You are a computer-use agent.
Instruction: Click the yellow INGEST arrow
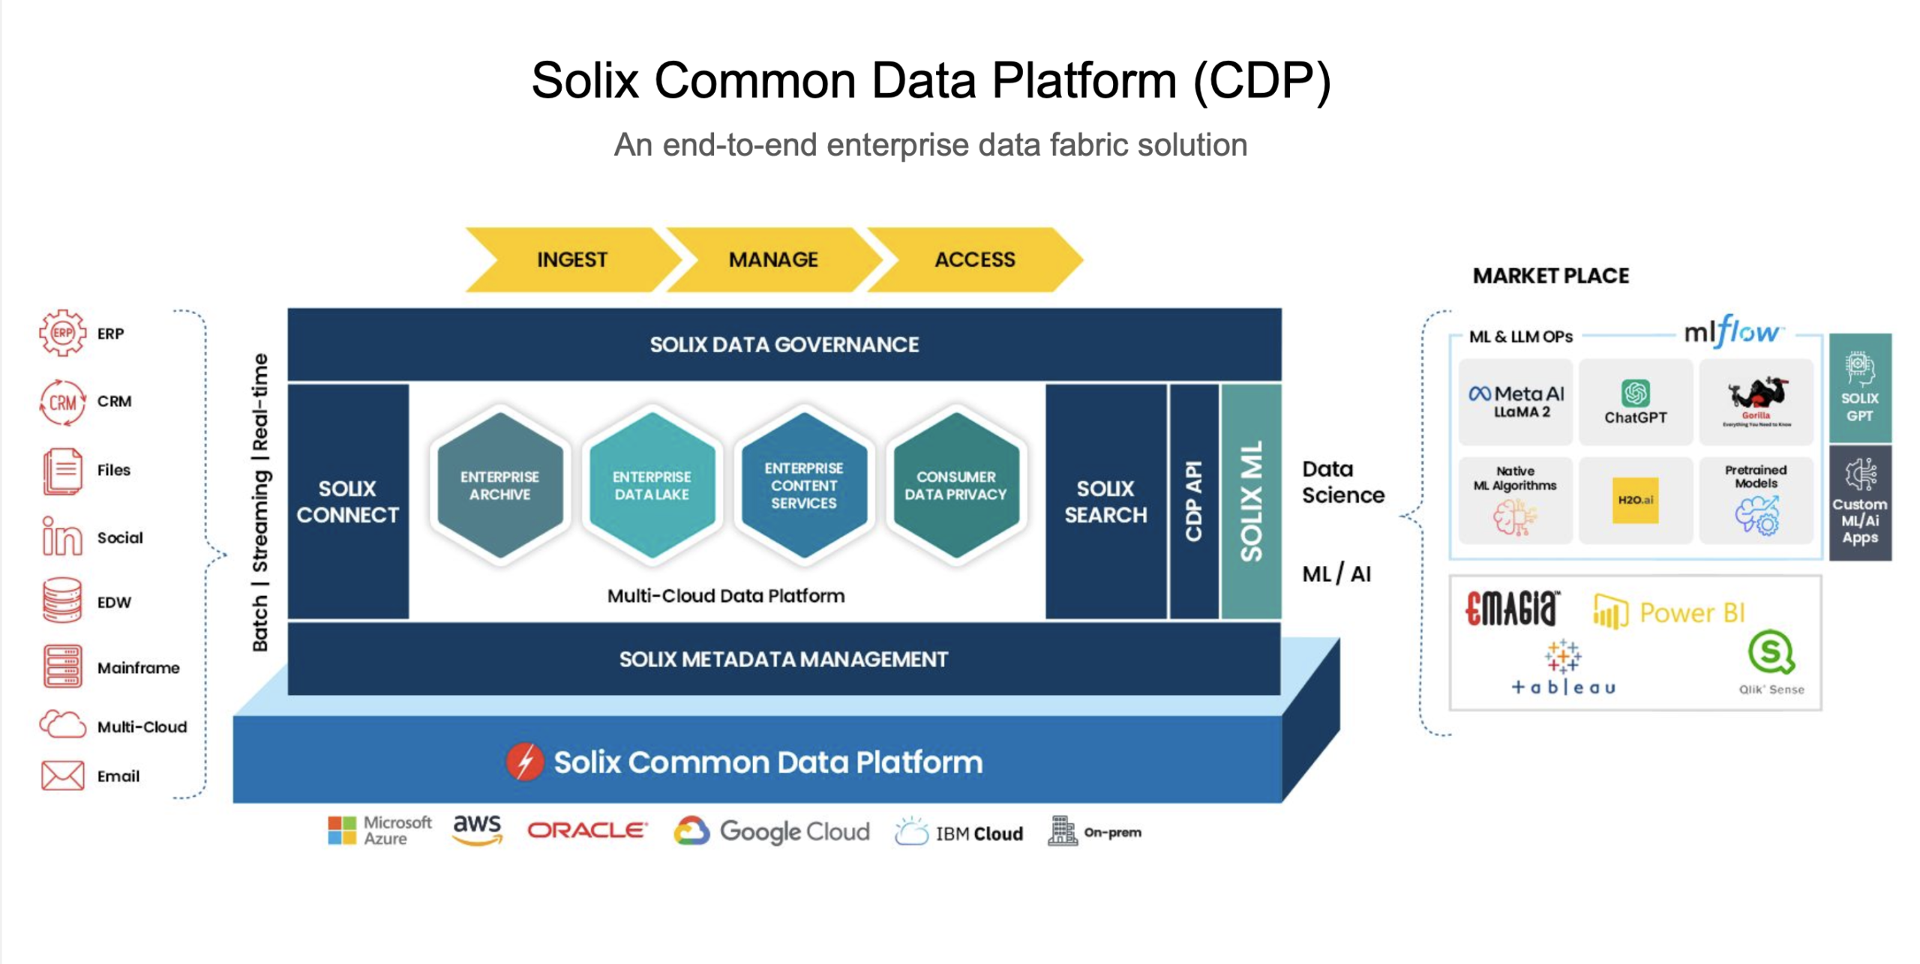coord(571,259)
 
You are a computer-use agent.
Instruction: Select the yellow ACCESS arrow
coord(974,259)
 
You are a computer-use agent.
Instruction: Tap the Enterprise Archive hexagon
coord(499,485)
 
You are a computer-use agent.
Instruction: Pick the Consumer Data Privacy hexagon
coord(955,485)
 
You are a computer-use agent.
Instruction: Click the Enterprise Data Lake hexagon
coord(651,485)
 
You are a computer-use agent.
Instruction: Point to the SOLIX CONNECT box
coord(348,501)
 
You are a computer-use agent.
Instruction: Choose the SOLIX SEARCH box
coord(1105,501)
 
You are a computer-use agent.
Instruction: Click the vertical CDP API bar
coord(1193,501)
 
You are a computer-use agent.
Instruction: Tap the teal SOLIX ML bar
coord(1251,501)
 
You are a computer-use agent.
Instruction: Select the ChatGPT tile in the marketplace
coord(1635,402)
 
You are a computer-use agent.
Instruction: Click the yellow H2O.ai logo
coord(1635,500)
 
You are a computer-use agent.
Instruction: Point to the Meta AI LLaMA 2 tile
coord(1516,402)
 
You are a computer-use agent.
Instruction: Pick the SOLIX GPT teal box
coord(1859,388)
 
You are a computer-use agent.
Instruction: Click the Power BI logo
coord(1669,612)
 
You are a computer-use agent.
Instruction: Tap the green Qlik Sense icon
coord(1770,652)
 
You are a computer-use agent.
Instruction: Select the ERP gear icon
coord(63,332)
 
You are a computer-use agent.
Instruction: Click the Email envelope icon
coord(63,776)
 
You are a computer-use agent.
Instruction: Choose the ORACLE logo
coord(586,831)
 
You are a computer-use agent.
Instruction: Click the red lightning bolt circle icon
coord(525,762)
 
